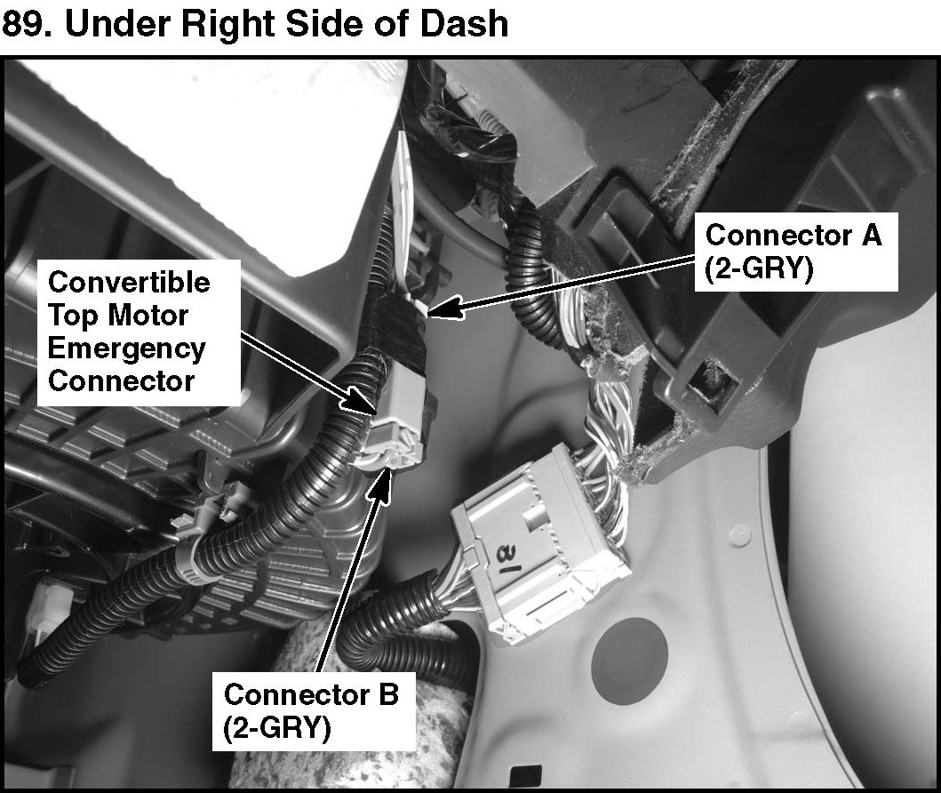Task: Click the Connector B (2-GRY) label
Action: pos(311,710)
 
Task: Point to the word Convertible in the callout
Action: pos(129,282)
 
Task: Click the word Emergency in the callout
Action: pos(127,348)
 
